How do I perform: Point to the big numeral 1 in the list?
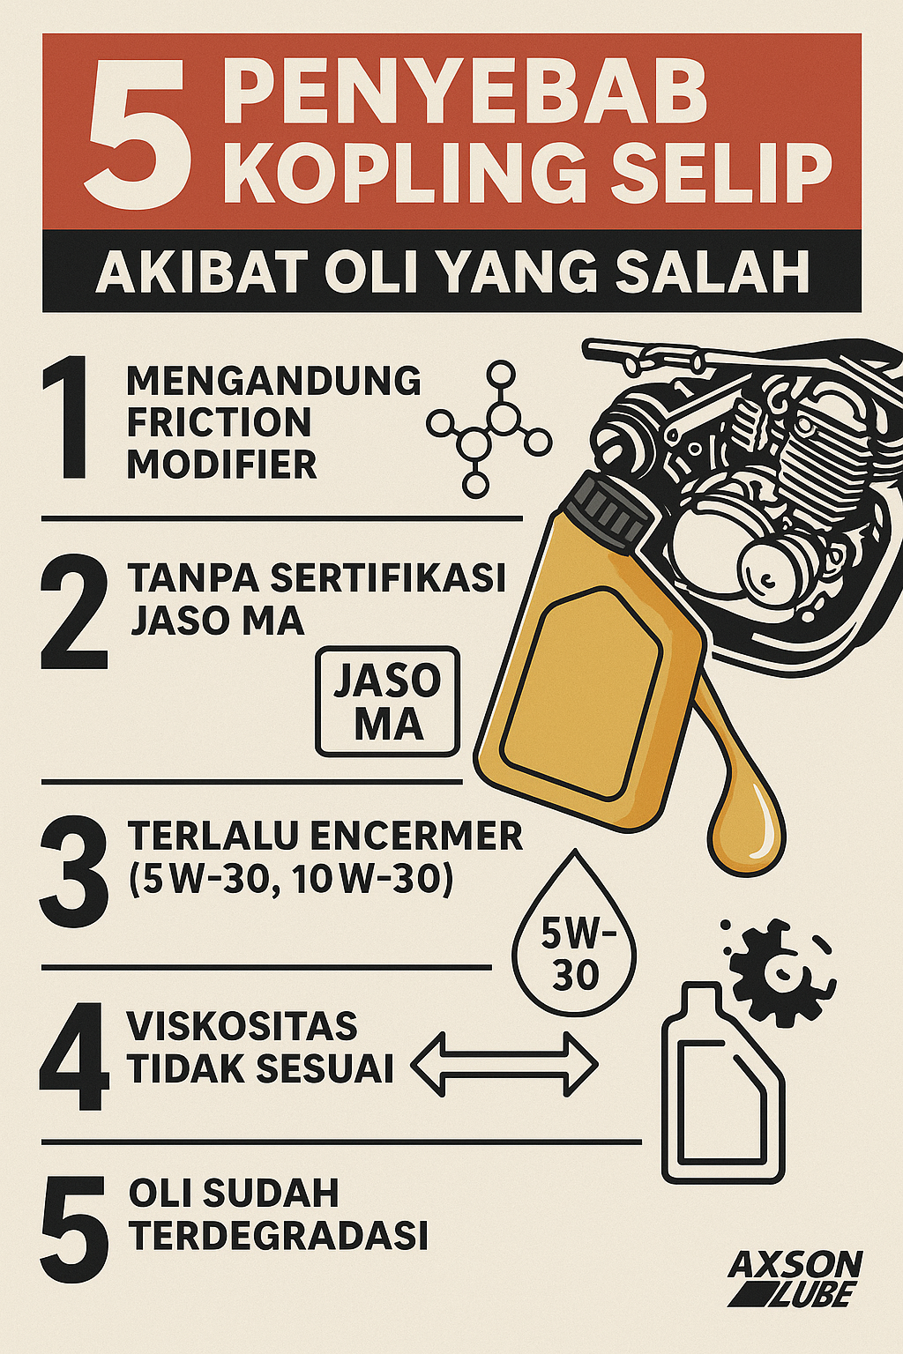(x=65, y=419)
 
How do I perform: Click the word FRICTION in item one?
(x=219, y=422)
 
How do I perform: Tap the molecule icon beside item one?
(x=489, y=428)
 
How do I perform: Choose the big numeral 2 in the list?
(x=74, y=613)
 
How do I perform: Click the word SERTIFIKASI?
(x=388, y=578)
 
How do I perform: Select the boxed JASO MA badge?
(x=388, y=701)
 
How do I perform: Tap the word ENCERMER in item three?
(x=417, y=837)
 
